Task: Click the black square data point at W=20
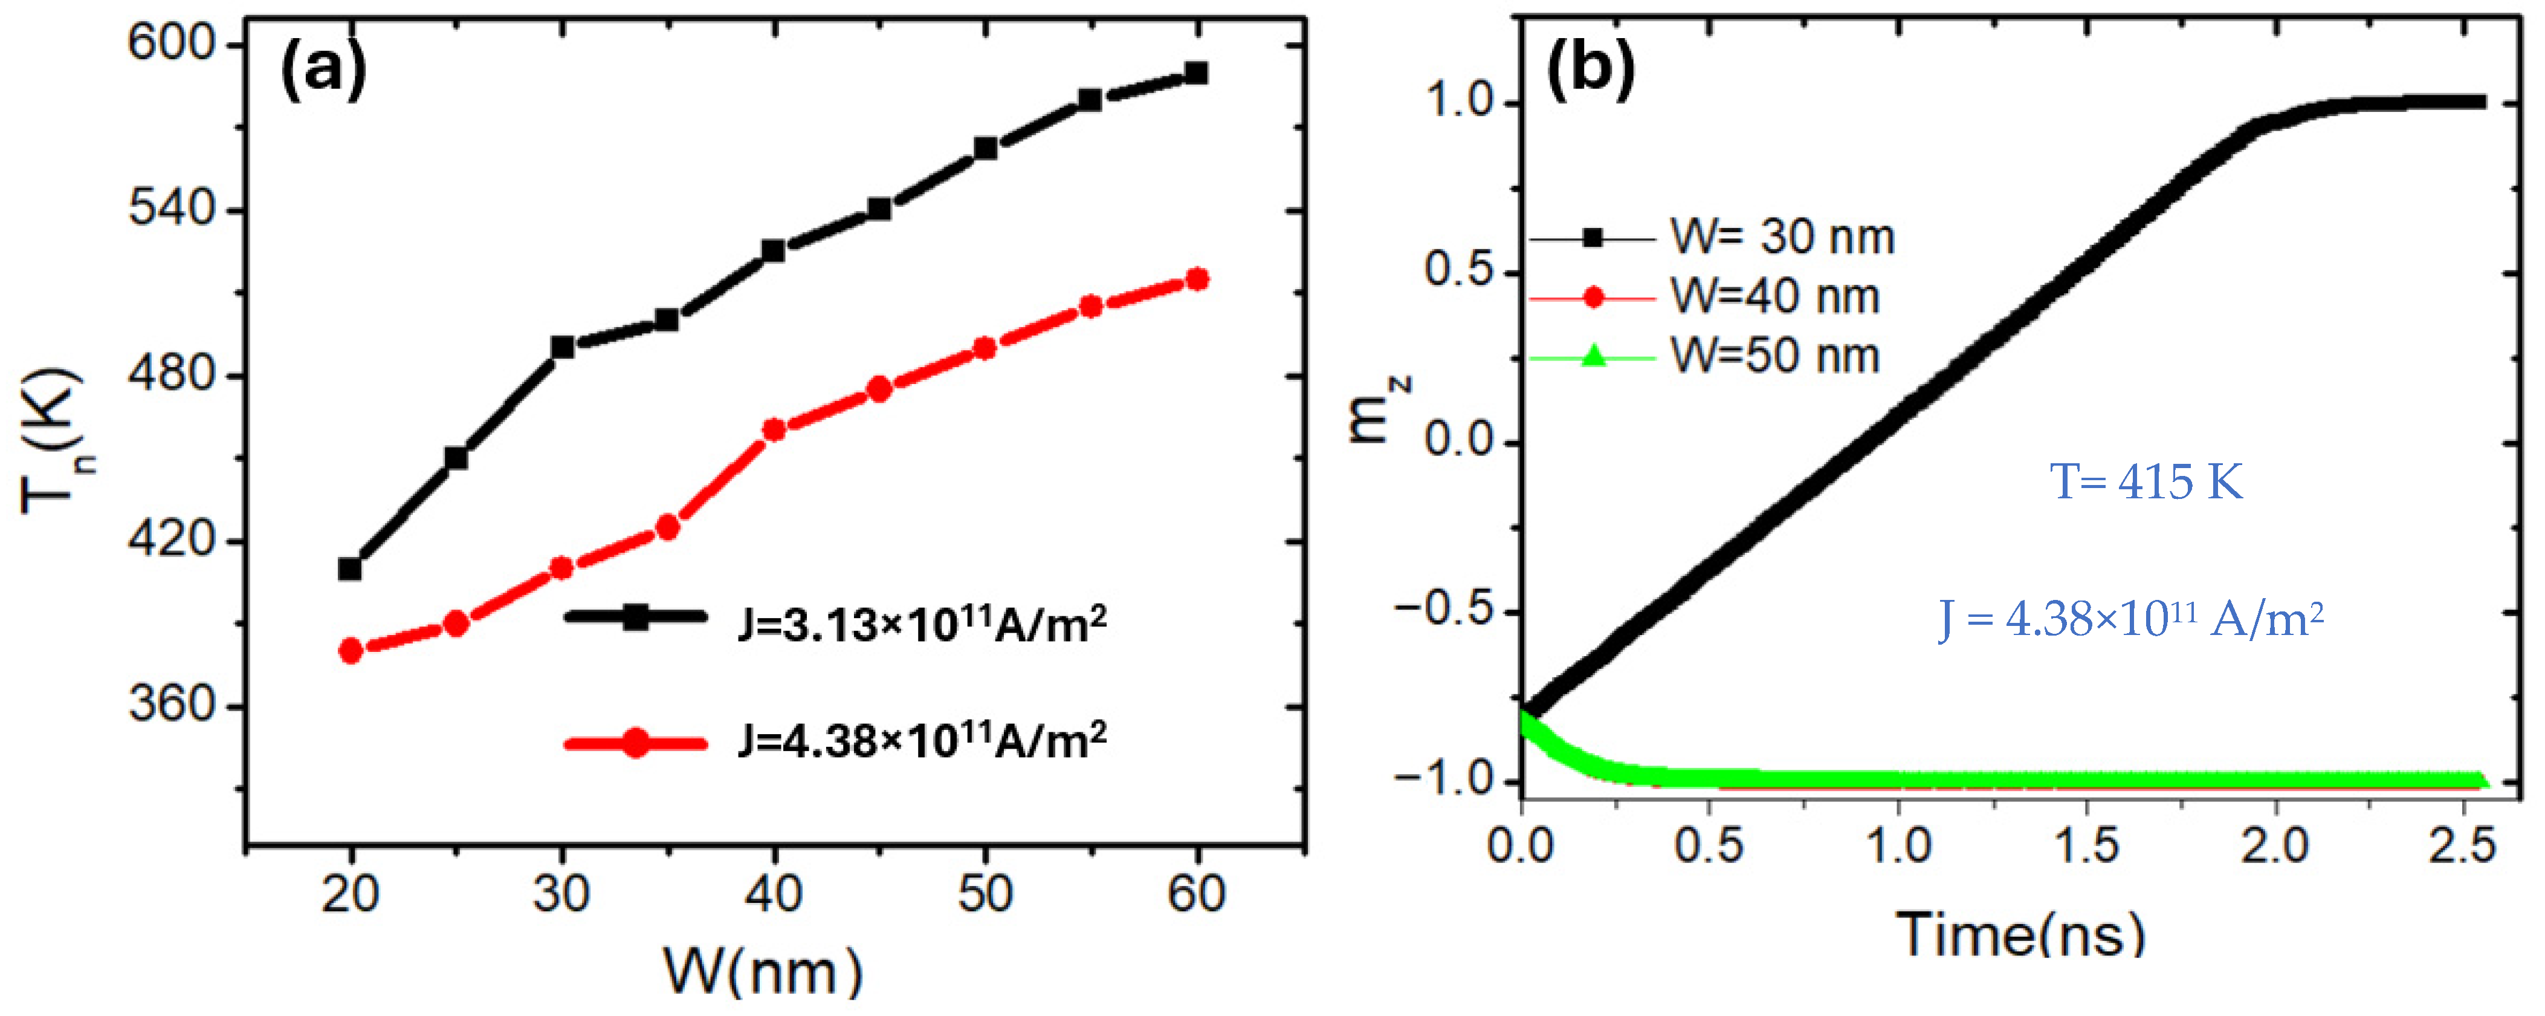click(x=350, y=568)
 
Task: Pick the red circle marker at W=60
click(x=1197, y=279)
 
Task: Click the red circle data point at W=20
click(x=350, y=650)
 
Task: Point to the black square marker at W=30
click(x=562, y=347)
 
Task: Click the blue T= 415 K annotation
click(x=2146, y=483)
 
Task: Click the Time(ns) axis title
click(x=2020, y=934)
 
